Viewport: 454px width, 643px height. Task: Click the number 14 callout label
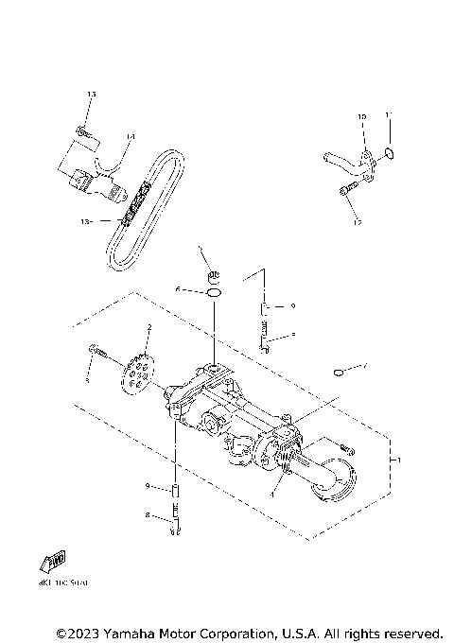point(131,137)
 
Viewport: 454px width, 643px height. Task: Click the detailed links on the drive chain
point(135,205)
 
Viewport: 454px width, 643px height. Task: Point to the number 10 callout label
point(361,116)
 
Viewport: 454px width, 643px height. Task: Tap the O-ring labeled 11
point(391,152)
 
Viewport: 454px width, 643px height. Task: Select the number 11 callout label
point(388,115)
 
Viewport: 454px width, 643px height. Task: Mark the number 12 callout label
point(358,223)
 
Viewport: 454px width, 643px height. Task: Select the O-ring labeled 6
point(216,293)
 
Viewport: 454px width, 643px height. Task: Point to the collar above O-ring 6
point(215,276)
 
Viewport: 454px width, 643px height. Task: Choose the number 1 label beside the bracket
point(398,461)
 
